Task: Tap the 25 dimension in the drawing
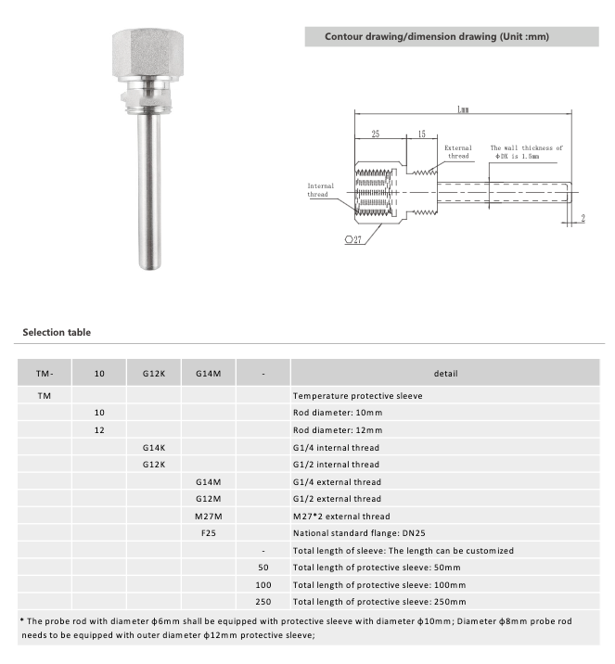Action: click(x=376, y=134)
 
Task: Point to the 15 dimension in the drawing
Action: click(x=422, y=134)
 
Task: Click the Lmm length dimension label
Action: click(x=462, y=109)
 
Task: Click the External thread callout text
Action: click(x=458, y=152)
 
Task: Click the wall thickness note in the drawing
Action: click(x=526, y=152)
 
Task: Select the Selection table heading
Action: click(x=57, y=332)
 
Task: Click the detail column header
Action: click(x=447, y=374)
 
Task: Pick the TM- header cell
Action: click(x=45, y=374)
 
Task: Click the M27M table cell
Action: click(x=209, y=516)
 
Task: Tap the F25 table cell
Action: click(x=209, y=533)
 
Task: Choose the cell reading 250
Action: click(x=263, y=602)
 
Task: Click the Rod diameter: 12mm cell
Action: click(x=337, y=430)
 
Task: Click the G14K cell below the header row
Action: click(x=154, y=447)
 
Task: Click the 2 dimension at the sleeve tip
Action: click(x=583, y=219)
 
